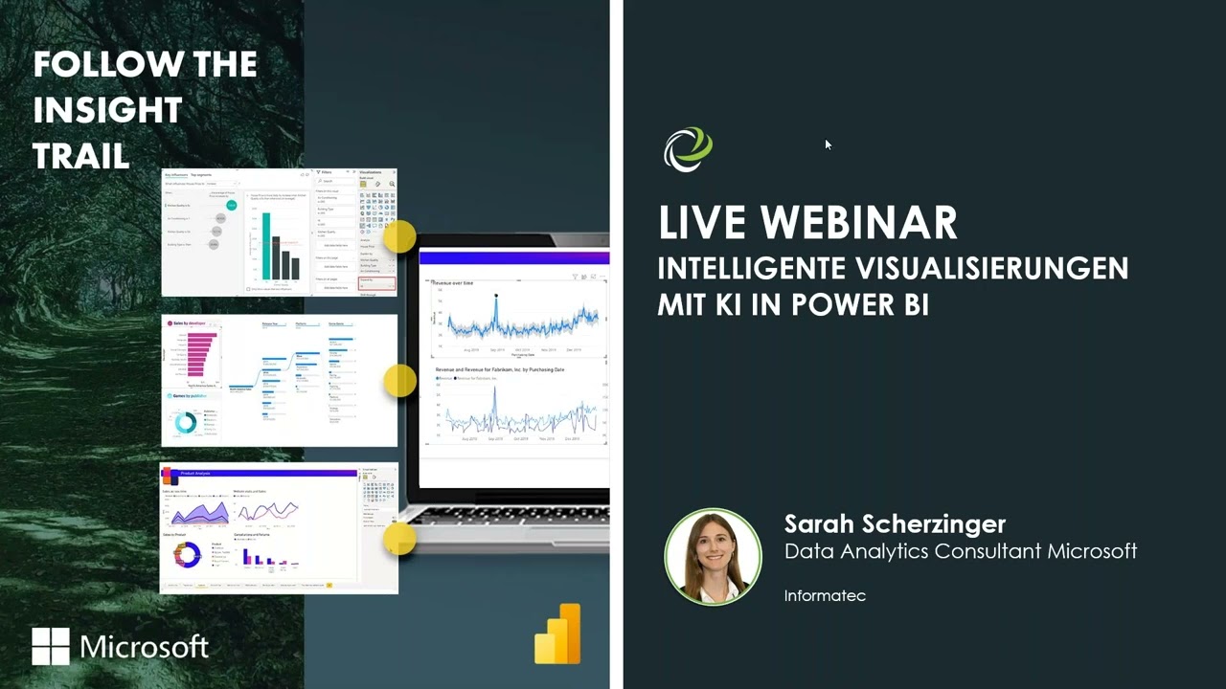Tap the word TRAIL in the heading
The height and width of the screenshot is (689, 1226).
(x=81, y=156)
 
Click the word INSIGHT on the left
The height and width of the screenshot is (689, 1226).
(x=107, y=110)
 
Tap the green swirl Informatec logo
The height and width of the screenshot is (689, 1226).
(x=688, y=150)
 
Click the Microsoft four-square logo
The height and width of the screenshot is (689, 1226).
(x=51, y=646)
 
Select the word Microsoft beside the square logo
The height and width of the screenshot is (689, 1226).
(x=145, y=646)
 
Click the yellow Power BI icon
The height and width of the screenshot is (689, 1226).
(x=558, y=633)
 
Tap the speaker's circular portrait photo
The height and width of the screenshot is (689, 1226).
(x=713, y=556)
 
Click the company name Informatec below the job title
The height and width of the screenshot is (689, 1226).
(x=825, y=595)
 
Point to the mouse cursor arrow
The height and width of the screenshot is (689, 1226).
(x=828, y=144)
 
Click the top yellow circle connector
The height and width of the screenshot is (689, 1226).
(x=399, y=236)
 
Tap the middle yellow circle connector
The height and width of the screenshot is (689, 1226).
(x=399, y=380)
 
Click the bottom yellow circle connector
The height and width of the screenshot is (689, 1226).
(x=399, y=539)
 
